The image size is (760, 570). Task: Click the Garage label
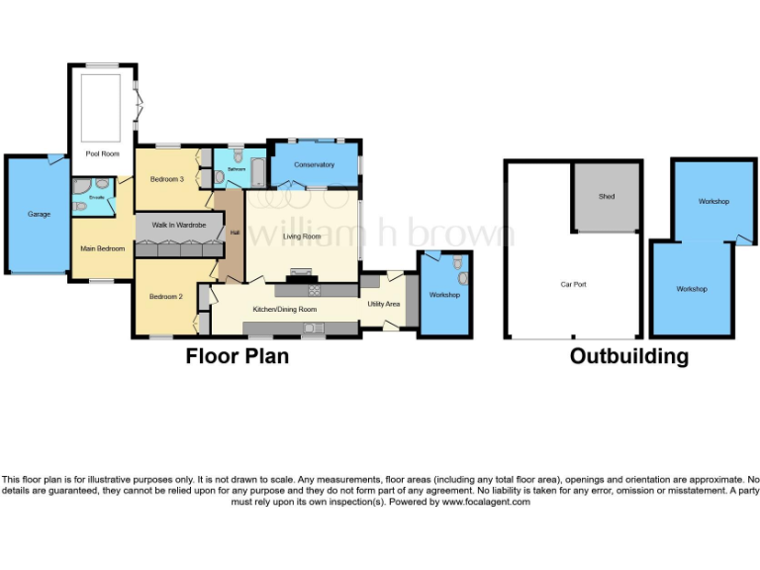coord(39,214)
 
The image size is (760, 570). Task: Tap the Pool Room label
coord(102,154)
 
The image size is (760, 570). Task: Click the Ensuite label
coord(96,197)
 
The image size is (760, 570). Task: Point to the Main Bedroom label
coord(103,248)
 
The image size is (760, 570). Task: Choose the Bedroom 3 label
coord(166,179)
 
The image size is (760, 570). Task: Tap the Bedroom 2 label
coord(166,296)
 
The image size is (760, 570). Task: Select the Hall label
coord(235,233)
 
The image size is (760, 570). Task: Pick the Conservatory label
coord(315,165)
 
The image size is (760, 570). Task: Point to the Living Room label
coord(302,237)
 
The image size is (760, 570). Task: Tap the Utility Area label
coord(384,304)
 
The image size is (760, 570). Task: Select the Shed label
coord(607,196)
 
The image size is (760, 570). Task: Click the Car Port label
coord(573,284)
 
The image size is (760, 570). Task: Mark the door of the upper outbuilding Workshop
coord(742,238)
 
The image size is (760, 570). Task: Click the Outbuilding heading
coord(628,356)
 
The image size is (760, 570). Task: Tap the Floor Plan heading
coord(237,356)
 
